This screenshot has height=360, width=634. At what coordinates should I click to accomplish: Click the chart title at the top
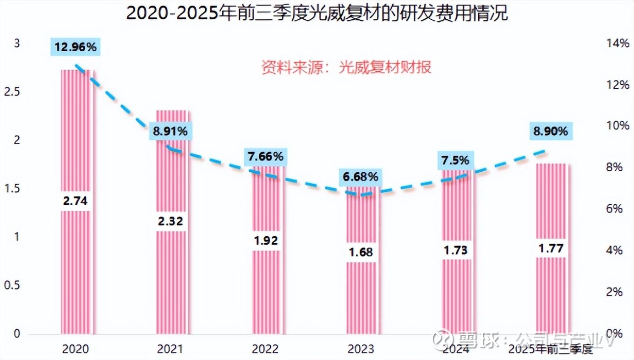coord(317,13)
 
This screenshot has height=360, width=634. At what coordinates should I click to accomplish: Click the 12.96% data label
coord(76,47)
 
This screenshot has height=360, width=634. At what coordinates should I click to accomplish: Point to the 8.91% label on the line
coord(170,131)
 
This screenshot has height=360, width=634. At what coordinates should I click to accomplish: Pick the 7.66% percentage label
coord(266,157)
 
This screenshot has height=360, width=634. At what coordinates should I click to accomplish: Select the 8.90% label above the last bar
coord(550,131)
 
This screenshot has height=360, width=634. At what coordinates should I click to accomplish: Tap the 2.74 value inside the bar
coord(77,201)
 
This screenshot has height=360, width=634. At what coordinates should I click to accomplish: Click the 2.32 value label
coord(171,221)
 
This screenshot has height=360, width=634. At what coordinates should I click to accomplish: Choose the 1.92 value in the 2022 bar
coord(266,240)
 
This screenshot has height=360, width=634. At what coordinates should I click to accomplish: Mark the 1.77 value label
coord(551,249)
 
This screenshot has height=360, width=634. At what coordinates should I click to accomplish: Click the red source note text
coord(346,68)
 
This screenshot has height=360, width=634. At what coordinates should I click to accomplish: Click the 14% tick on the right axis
coord(618,44)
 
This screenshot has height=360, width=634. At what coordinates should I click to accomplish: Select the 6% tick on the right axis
coord(615,209)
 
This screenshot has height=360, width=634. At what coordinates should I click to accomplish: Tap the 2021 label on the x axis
coord(170,349)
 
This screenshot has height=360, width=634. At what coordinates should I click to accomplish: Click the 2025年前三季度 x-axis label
coord(551,350)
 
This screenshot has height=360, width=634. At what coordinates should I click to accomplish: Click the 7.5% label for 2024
coord(455,160)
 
